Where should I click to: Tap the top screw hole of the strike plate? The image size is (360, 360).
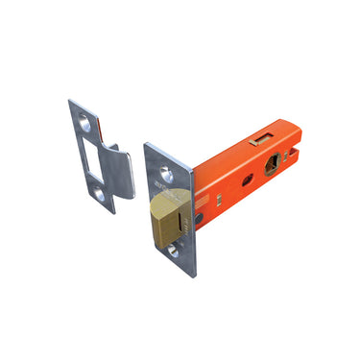pos(83,123)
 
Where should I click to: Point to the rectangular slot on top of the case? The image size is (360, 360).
pos(256,140)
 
